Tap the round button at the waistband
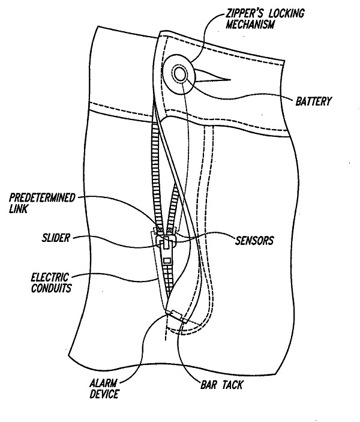pos(179,74)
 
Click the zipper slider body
pos(165,242)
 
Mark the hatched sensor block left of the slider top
pos(159,230)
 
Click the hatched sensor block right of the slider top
pos(171,230)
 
